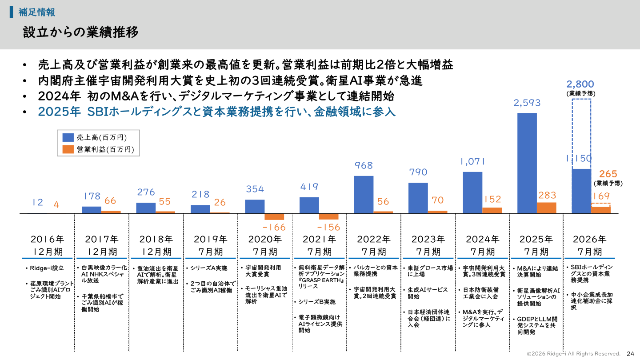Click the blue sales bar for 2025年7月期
click(x=527, y=163)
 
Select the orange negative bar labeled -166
click(x=274, y=216)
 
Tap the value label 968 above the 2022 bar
click(x=364, y=165)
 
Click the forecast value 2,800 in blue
click(x=580, y=84)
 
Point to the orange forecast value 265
click(x=608, y=174)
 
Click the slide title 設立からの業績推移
click(x=81, y=32)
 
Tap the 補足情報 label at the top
click(x=37, y=12)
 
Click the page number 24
click(x=630, y=353)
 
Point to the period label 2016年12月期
click(x=48, y=245)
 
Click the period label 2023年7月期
click(x=428, y=245)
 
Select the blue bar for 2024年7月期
click(x=472, y=192)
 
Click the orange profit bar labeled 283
click(x=546, y=208)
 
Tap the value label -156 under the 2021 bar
click(x=329, y=227)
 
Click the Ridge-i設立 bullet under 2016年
click(x=47, y=268)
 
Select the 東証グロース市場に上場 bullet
click(x=430, y=271)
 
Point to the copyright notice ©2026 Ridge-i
click(x=573, y=353)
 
